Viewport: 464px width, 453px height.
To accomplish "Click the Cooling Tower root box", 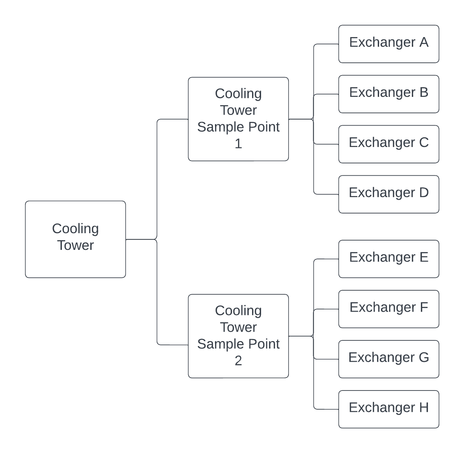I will click(x=76, y=239).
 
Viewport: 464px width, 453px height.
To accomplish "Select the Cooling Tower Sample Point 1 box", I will click(x=238, y=119).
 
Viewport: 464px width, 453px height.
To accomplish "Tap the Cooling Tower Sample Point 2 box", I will click(x=238, y=336).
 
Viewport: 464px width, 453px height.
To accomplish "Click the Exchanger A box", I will click(x=389, y=44).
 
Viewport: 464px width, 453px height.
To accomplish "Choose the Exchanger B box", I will click(x=389, y=94).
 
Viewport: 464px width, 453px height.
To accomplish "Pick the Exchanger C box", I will click(x=389, y=144).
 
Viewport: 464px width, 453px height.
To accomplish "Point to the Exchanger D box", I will click(x=389, y=194).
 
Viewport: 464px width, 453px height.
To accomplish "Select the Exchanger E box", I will click(x=389, y=259).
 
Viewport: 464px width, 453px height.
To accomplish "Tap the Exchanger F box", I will click(x=389, y=309).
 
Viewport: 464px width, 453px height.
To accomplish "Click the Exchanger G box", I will click(x=389, y=359).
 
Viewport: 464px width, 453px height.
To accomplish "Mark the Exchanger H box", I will click(x=389, y=409).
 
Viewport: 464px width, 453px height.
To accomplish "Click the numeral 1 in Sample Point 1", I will click(x=238, y=144).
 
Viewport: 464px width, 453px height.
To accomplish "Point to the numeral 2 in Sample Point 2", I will click(x=238, y=361).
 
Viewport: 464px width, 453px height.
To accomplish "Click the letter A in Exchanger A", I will click(x=424, y=42).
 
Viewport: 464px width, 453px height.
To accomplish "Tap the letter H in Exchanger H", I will click(x=424, y=408).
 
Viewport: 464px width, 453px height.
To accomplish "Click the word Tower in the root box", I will click(x=76, y=245).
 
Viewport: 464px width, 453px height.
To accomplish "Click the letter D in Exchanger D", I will click(x=424, y=193).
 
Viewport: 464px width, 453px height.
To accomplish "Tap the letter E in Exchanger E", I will click(x=424, y=257).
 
